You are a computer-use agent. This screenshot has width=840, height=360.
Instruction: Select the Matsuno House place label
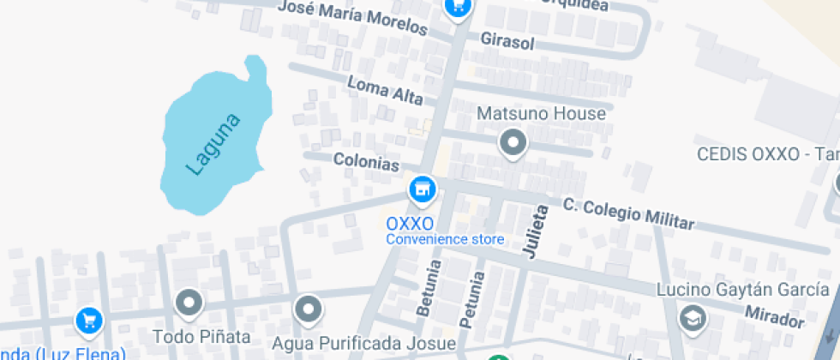coord(541,113)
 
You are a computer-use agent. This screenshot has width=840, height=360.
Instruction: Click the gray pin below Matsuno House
coord(513,142)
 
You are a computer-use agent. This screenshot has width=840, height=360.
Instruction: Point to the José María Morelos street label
coord(353,18)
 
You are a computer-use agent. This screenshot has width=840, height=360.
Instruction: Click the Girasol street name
coord(507,41)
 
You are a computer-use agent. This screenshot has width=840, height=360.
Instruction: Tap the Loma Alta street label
coord(385,89)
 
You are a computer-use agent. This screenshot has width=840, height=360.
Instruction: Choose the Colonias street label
coord(366,161)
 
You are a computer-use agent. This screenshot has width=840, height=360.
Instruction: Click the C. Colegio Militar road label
coord(628,213)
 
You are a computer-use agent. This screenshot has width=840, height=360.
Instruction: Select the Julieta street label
coord(536,231)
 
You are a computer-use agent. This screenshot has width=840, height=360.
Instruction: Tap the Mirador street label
coord(774,316)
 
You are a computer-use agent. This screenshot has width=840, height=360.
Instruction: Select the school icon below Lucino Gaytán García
coord(691,318)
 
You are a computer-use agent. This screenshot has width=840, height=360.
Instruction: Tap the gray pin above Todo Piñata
coord(188,303)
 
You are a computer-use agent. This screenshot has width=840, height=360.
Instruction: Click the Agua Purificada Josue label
coord(363,344)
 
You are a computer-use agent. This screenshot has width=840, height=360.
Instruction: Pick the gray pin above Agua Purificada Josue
coord(307,309)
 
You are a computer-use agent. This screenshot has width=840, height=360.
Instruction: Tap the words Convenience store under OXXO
coord(445,239)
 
